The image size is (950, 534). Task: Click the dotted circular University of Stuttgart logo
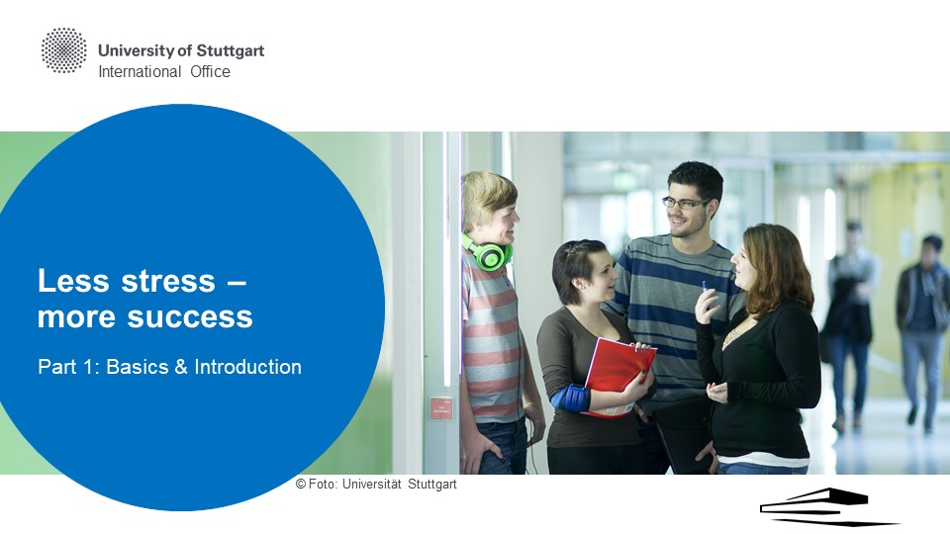[x=63, y=50]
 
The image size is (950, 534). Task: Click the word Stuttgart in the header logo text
[x=231, y=51]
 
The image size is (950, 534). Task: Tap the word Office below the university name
[x=210, y=71]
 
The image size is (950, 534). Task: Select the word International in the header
[x=140, y=71]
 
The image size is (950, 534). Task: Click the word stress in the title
[x=168, y=281]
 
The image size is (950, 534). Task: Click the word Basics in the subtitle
[x=138, y=367]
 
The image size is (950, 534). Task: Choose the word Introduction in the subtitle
[x=247, y=367]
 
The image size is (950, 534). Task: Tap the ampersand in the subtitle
[x=181, y=367]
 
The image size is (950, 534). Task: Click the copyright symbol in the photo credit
[x=301, y=484]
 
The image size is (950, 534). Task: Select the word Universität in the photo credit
[x=371, y=484]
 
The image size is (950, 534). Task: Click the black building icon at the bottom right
[x=829, y=507]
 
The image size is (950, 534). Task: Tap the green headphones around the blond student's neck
[x=488, y=252]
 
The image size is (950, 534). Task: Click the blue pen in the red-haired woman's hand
[x=705, y=287]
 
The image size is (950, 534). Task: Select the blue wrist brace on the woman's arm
[x=571, y=398]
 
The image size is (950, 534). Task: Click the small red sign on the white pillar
[x=441, y=407]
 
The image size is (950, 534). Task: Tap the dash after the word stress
[x=237, y=282]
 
